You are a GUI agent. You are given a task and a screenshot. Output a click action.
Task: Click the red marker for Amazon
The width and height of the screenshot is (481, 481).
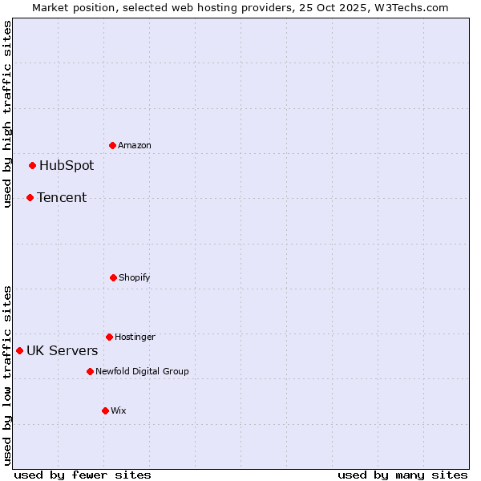click(113, 145)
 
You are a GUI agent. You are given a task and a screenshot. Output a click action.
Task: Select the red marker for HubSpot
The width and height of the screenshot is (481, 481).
click(33, 166)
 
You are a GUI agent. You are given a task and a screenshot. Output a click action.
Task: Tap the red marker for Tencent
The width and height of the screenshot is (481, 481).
click(30, 197)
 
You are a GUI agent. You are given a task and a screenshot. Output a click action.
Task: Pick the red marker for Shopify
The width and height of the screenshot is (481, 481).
click(113, 277)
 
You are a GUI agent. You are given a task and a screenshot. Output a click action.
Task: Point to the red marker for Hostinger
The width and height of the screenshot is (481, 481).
click(109, 337)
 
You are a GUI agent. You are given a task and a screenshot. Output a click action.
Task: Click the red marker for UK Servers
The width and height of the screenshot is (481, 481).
click(19, 350)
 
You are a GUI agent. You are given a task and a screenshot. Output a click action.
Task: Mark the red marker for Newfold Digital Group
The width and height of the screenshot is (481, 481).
click(90, 371)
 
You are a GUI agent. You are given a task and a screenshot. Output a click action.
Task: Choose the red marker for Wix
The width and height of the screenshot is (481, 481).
click(105, 410)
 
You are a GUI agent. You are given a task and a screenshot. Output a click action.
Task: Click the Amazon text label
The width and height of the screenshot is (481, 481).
click(135, 145)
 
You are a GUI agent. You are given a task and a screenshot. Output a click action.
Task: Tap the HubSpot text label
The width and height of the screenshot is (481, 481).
click(67, 166)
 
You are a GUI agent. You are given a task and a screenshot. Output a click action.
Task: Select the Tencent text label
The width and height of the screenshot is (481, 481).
click(62, 197)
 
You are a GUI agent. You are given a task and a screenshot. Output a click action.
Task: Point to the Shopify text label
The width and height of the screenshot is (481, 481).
click(135, 277)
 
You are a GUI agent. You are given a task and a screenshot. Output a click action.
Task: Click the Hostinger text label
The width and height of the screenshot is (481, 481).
click(135, 337)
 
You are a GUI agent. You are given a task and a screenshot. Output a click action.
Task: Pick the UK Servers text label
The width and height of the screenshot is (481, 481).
click(63, 350)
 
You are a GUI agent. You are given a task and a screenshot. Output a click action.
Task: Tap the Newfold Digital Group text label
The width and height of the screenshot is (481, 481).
click(143, 371)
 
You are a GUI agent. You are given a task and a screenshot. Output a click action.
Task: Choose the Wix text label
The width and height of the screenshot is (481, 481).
click(119, 410)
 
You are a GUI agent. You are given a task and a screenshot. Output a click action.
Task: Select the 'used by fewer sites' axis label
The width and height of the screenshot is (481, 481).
click(83, 475)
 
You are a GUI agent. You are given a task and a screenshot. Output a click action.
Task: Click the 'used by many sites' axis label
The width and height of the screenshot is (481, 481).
click(402, 475)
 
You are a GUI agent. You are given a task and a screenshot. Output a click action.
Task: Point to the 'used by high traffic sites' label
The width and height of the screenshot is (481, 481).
click(7, 115)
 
